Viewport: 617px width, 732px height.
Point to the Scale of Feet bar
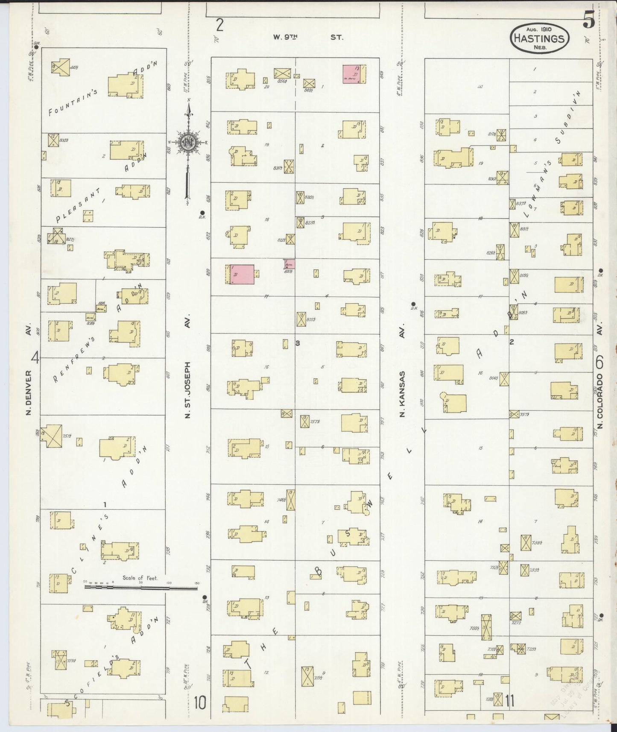click(x=141, y=588)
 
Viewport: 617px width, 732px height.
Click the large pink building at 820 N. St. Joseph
click(x=243, y=274)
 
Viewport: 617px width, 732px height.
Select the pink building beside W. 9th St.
click(x=352, y=74)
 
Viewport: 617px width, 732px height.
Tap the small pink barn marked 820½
click(x=289, y=264)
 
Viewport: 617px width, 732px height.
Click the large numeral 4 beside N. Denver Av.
click(x=35, y=357)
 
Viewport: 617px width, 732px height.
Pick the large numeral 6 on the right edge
click(x=599, y=363)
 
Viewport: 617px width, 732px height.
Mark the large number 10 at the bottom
click(x=200, y=702)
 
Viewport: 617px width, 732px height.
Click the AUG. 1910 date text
click(x=539, y=29)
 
